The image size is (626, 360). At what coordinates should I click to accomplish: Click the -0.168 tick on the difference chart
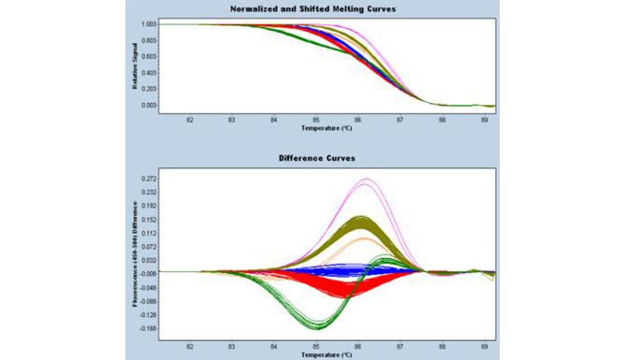click(147, 329)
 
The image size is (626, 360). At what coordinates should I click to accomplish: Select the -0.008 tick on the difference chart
click(147, 273)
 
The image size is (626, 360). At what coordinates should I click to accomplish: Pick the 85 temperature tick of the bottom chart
click(316, 347)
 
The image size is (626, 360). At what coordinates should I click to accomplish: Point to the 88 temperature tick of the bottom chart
click(444, 347)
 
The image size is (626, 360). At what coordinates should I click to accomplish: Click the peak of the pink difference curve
click(366, 180)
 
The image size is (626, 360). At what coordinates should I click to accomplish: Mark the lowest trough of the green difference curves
click(317, 326)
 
